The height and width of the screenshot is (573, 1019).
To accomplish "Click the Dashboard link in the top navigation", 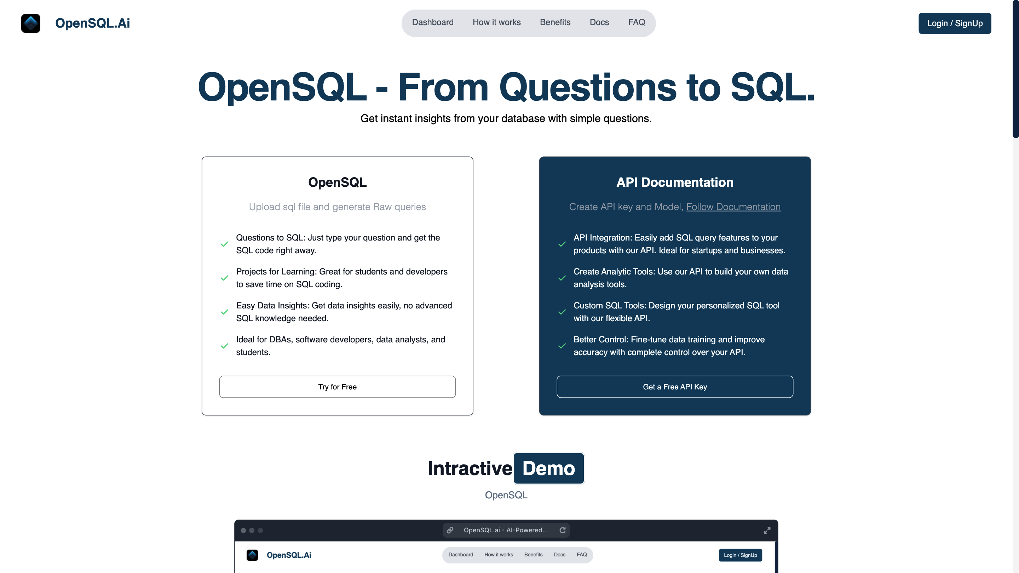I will pyautogui.click(x=433, y=23).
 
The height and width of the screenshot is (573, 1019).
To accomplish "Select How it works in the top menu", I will pyautogui.click(x=496, y=23).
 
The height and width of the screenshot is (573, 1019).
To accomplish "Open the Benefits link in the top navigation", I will pyautogui.click(x=555, y=23).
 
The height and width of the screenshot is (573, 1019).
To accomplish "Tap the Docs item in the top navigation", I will pyautogui.click(x=599, y=23).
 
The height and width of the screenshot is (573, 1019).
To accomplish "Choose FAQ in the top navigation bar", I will pyautogui.click(x=637, y=23).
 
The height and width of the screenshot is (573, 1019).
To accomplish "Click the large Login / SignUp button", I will pyautogui.click(x=955, y=23).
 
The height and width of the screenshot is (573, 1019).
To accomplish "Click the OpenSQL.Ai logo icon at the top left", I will pyautogui.click(x=31, y=23).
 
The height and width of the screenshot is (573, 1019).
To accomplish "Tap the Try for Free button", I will pyautogui.click(x=337, y=387).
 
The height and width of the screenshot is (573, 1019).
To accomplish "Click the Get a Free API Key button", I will pyautogui.click(x=674, y=387).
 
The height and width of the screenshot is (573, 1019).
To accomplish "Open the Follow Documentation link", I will pyautogui.click(x=733, y=207).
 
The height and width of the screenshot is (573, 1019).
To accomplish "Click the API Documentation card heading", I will pyautogui.click(x=674, y=182).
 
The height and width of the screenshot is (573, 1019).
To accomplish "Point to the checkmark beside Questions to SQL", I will pyautogui.click(x=224, y=244).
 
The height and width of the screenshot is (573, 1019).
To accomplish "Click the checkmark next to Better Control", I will pyautogui.click(x=562, y=346).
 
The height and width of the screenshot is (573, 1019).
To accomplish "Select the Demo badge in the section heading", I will pyautogui.click(x=548, y=468).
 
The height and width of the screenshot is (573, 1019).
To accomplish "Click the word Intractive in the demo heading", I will pyautogui.click(x=470, y=468).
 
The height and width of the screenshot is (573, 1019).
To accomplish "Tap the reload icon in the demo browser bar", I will pyautogui.click(x=562, y=530).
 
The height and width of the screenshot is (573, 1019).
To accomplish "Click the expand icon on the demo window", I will pyautogui.click(x=767, y=530).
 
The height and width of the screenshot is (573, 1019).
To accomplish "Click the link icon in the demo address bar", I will pyautogui.click(x=450, y=530).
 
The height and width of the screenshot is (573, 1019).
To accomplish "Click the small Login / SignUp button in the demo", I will pyautogui.click(x=740, y=555).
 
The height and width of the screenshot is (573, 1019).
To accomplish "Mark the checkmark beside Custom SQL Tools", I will pyautogui.click(x=562, y=312).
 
